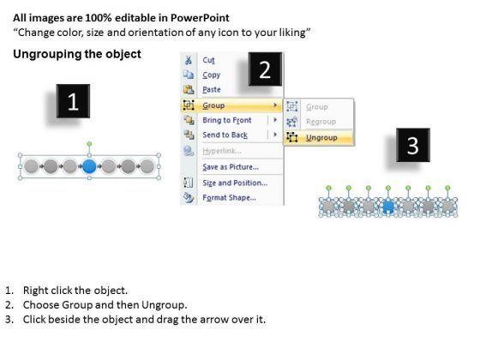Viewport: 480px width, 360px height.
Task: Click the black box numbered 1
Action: (73, 101)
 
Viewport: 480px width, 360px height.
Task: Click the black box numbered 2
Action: (265, 69)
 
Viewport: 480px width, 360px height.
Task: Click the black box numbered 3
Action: (413, 145)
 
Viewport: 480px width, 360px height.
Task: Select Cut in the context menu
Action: (208, 60)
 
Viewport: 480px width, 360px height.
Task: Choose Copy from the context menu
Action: (211, 75)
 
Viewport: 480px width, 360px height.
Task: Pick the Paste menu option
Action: (212, 90)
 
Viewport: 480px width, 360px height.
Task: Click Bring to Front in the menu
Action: (227, 120)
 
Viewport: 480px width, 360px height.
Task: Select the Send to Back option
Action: (225, 135)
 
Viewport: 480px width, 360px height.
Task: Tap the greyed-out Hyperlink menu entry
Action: (222, 151)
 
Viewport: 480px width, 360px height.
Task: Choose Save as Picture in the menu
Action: (231, 167)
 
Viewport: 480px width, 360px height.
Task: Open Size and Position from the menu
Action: (235, 183)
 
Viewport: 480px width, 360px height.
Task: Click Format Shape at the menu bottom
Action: (230, 198)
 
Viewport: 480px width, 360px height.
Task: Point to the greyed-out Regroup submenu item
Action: (321, 122)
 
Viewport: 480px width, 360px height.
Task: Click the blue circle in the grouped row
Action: (89, 166)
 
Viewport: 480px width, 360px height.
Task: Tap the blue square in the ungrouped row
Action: (388, 206)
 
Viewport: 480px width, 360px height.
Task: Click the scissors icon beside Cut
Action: (189, 60)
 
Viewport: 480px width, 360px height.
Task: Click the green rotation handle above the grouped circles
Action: (89, 144)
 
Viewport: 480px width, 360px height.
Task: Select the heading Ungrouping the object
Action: (77, 54)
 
